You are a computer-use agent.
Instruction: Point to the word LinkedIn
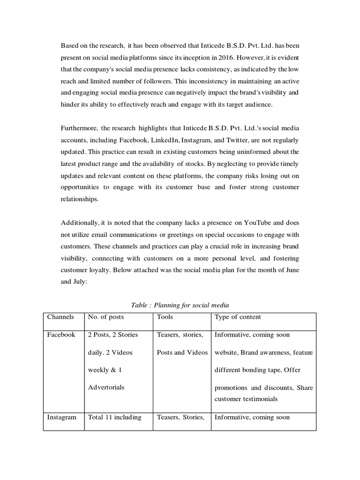[x=165, y=140]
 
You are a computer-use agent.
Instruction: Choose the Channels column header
[x=60, y=317]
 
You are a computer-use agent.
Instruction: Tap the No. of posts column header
[x=106, y=317]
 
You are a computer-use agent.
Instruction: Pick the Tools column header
[x=165, y=317]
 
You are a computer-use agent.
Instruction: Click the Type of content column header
[x=238, y=317]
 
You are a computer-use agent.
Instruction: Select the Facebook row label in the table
[x=61, y=335]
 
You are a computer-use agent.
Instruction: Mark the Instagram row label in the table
[x=61, y=417]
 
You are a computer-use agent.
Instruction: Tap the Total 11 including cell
[x=114, y=417]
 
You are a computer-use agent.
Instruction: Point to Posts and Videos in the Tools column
[x=182, y=352]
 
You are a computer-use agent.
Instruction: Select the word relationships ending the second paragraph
[x=80, y=199]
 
